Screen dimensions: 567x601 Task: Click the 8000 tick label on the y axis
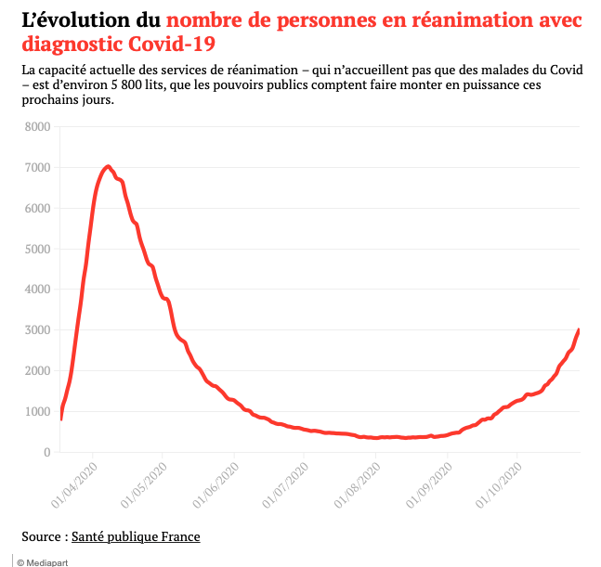tap(36, 127)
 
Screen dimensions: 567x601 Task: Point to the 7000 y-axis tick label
tap(36, 168)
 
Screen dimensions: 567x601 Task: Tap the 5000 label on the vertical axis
tap(36, 249)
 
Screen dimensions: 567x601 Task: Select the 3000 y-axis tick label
tap(36, 330)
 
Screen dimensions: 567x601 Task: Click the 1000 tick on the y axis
tap(36, 412)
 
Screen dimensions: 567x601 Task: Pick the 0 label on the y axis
tap(44, 453)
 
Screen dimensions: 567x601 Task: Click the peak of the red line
tap(109, 166)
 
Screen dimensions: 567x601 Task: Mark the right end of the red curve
tap(580, 329)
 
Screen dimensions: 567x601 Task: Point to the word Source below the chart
tap(42, 536)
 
